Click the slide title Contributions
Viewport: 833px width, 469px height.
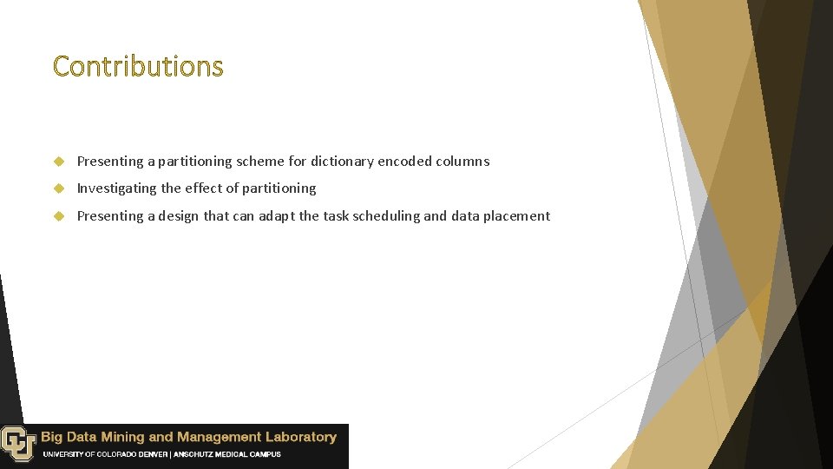(x=138, y=66)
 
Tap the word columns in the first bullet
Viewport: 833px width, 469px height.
(x=462, y=162)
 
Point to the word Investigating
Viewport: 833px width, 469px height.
(x=115, y=188)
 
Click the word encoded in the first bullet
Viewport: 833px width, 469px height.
(x=404, y=162)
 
